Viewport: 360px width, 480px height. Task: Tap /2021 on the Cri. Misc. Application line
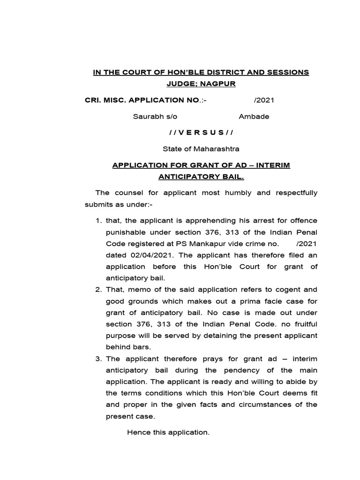tap(264, 100)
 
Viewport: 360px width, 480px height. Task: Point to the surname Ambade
tap(254, 116)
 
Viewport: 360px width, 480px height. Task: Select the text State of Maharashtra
tap(201, 149)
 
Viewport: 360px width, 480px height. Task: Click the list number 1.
tap(98, 220)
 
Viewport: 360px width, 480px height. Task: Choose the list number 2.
tap(98, 290)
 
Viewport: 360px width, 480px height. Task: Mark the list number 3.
tap(98, 359)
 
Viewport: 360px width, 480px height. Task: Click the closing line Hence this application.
tap(168, 432)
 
